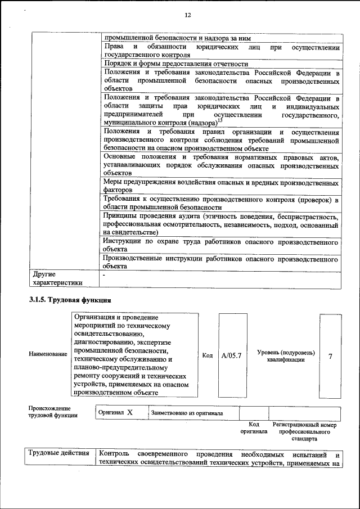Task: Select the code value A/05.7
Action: point(231,355)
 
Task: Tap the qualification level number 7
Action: point(330,355)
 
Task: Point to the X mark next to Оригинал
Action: point(129,412)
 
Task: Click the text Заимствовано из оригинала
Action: point(187,413)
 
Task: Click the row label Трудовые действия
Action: point(58,454)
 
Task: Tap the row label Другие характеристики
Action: point(57,278)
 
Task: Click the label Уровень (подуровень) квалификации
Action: point(286,356)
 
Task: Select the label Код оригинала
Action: point(253,427)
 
